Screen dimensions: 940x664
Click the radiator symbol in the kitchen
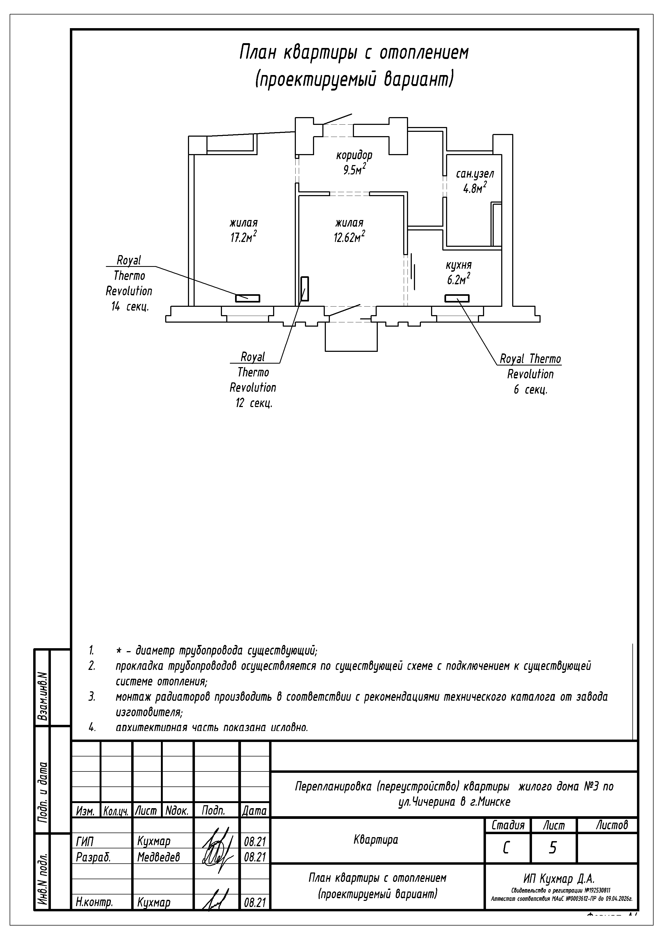(x=457, y=299)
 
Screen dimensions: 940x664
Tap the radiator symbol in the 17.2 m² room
(x=247, y=299)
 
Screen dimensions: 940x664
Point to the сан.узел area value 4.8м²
(x=475, y=189)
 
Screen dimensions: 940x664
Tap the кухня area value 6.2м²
(x=458, y=280)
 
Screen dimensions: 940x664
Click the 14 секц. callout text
(x=129, y=306)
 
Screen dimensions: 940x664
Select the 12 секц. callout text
(x=254, y=403)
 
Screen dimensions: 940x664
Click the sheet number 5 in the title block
(x=552, y=848)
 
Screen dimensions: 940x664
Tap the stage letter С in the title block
(x=506, y=848)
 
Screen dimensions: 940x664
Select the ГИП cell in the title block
(x=85, y=841)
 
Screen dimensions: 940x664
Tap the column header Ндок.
(x=177, y=811)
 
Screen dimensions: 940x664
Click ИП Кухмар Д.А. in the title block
(x=559, y=878)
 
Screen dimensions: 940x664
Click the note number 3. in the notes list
(x=92, y=696)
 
